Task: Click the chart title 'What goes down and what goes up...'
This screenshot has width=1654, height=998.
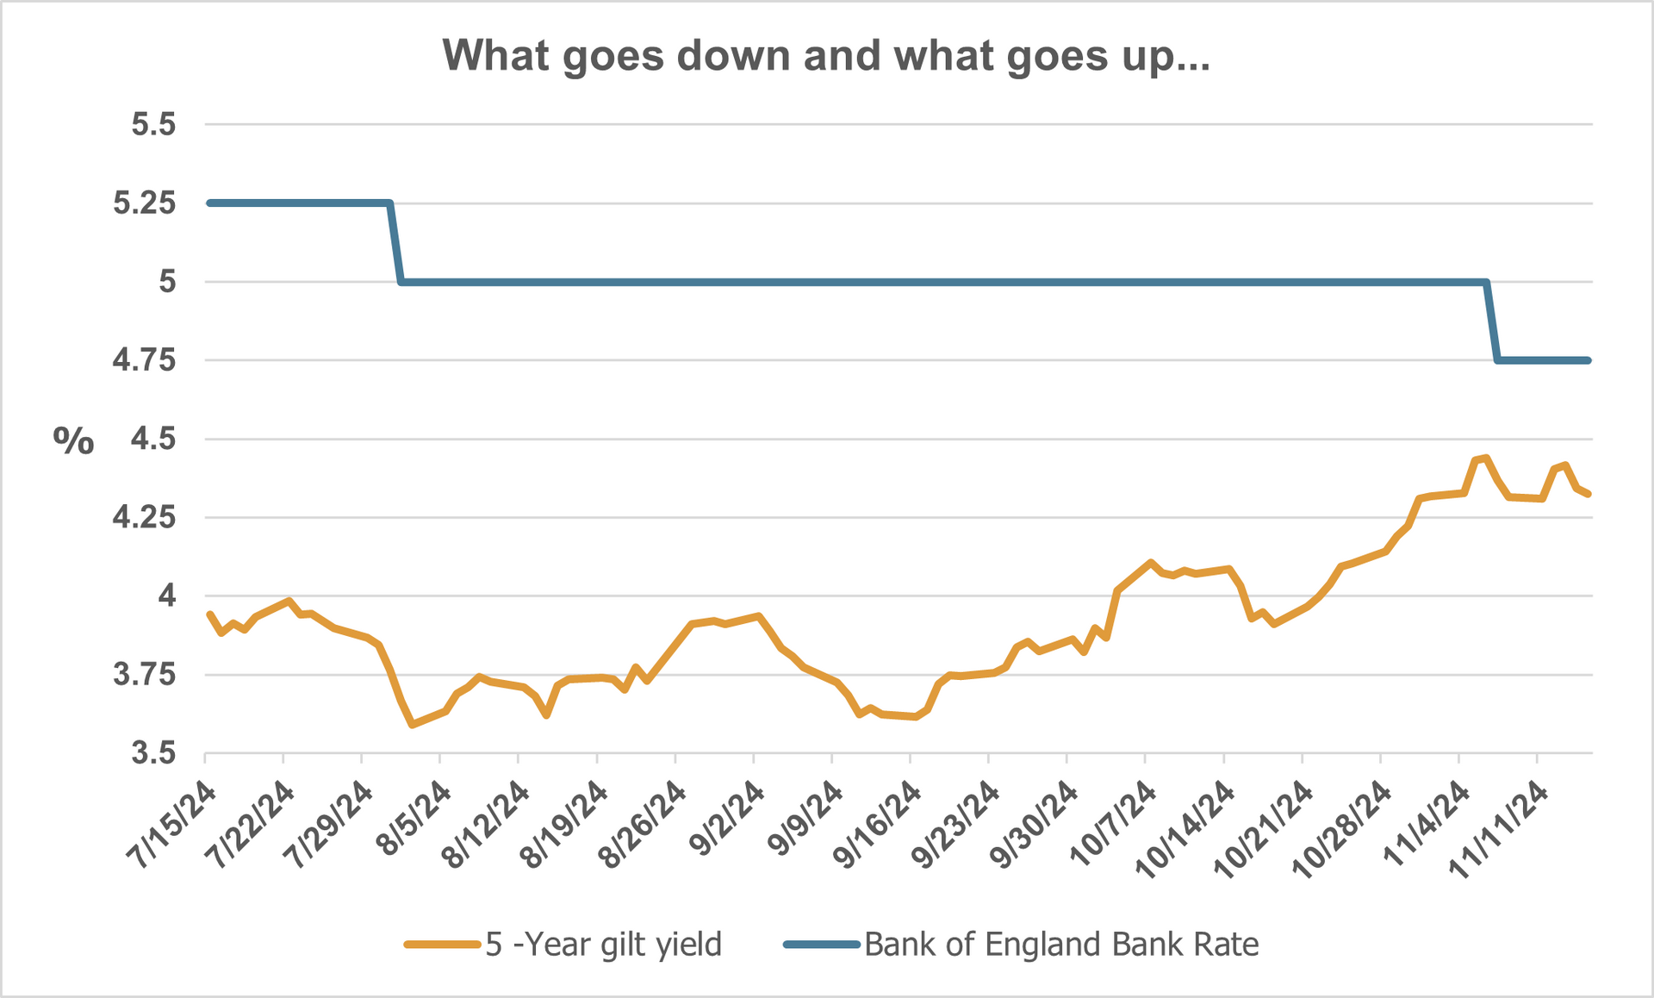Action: pos(825,56)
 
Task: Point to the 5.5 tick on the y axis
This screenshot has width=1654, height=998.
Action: pos(153,125)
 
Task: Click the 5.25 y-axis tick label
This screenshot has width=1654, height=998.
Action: pos(144,203)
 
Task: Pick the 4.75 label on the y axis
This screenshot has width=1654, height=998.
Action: pos(144,360)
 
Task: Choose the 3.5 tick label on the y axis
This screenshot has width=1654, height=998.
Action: pos(153,754)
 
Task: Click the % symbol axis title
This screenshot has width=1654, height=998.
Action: pos(73,441)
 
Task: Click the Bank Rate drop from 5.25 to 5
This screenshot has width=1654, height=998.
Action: pos(395,242)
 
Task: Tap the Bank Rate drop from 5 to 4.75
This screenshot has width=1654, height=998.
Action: pos(1492,321)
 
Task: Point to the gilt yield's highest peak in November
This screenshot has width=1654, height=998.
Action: pos(1486,458)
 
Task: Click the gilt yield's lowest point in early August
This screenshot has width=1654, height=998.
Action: pos(413,725)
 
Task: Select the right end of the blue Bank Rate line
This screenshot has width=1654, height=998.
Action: pos(1588,360)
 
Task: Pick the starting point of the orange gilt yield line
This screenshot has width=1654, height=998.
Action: pos(209,614)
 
